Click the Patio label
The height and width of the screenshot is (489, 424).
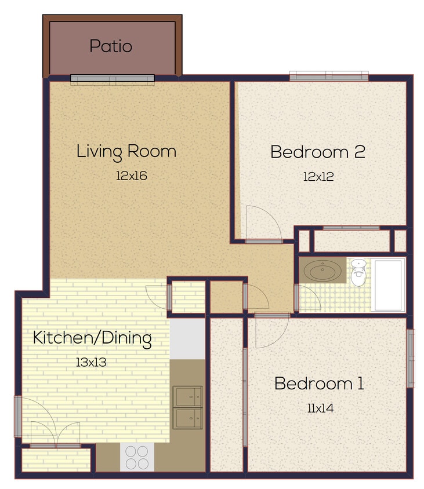pos(111,46)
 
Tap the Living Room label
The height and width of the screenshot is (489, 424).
pos(126,152)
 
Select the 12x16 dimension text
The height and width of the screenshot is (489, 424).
pos(131,176)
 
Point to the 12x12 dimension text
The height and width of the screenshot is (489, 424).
pos(318,176)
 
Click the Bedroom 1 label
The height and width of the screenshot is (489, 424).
pos(319,384)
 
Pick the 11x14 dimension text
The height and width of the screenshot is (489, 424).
pos(320,408)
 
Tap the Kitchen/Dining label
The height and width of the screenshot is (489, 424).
pos(92,338)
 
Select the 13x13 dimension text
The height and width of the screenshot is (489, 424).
pos(92,362)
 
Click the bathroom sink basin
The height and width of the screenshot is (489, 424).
pos(322,271)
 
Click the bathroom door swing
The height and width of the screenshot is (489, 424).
pos(308,298)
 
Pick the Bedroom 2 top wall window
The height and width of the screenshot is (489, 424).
pos(329,76)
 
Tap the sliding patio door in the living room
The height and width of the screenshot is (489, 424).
pos(113,79)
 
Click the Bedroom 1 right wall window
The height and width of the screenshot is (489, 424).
pos(411,358)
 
